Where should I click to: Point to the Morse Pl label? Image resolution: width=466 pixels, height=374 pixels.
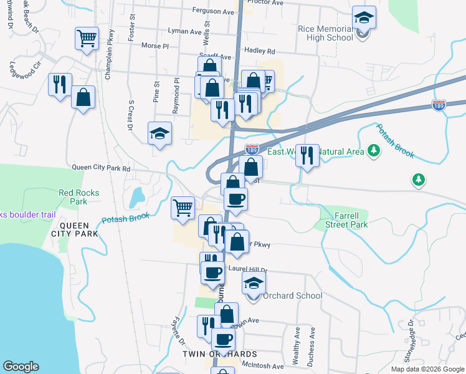click(x=155, y=46)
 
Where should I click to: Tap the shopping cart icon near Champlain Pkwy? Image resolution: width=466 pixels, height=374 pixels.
click(x=87, y=38)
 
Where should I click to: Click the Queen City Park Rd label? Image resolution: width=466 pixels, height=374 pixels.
click(x=101, y=168)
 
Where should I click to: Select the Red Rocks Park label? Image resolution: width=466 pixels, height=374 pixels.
click(x=79, y=197)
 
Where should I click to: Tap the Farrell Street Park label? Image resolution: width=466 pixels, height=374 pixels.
click(x=343, y=219)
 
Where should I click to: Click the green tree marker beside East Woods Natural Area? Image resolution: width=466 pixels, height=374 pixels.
click(x=374, y=150)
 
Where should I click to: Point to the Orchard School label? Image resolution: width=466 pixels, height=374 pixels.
click(x=292, y=295)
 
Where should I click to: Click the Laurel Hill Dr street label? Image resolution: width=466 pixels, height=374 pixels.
click(x=247, y=269)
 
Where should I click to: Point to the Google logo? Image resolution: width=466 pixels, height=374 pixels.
click(x=21, y=367)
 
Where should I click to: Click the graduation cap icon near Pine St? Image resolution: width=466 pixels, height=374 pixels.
click(x=160, y=133)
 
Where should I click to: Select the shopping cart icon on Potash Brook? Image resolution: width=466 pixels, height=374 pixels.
click(x=183, y=208)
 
